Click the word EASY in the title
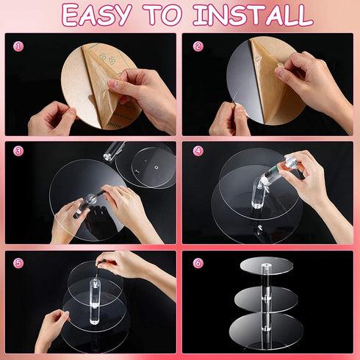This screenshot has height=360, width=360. (96, 15)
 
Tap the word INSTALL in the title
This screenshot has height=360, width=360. (253, 15)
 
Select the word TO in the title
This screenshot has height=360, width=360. (162, 15)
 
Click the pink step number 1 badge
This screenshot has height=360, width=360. (18, 46)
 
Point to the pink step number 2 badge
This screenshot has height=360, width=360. (198, 46)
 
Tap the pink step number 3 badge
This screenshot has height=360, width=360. (18, 151)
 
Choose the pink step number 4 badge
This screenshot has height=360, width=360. (198, 151)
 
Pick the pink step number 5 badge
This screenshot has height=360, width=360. (18, 263)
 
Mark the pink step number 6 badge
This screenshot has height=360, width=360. (198, 263)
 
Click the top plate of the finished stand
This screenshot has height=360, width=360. (267, 266)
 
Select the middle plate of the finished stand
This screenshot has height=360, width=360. (266, 299)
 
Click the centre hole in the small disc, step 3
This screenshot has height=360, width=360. (156, 168)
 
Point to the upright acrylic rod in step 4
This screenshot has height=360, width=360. (257, 193)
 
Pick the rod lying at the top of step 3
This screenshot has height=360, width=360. (114, 152)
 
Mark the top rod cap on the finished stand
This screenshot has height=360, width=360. (264, 266)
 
